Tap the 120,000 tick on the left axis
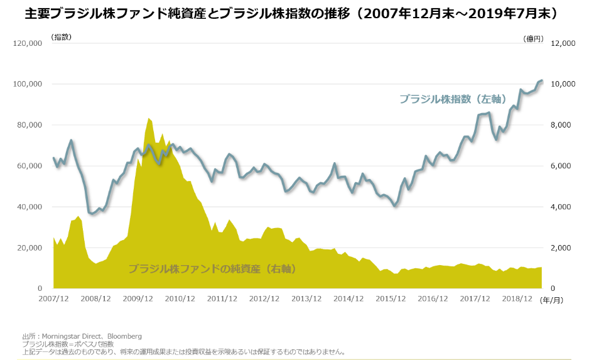(27, 43)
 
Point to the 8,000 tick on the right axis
(563, 125)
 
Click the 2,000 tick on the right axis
(563, 248)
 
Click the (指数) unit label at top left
(62, 38)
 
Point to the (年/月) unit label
(553, 300)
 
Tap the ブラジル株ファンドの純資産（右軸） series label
(212, 269)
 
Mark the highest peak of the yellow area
(149, 118)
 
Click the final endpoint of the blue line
(542, 80)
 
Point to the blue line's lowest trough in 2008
(92, 214)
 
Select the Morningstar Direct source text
(82, 336)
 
